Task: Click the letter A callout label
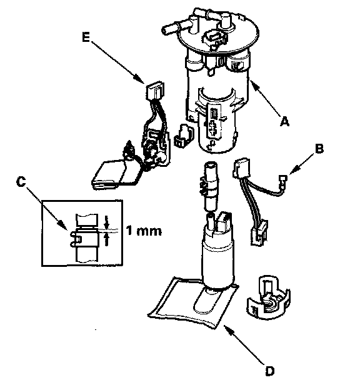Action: (x=284, y=121)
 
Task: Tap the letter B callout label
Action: (x=319, y=149)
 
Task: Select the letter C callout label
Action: (x=21, y=182)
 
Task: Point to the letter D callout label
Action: (x=269, y=371)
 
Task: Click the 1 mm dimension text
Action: (x=144, y=231)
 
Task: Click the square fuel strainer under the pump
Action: (x=192, y=304)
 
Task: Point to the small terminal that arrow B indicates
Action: (x=282, y=181)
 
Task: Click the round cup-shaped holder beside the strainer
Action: (x=268, y=297)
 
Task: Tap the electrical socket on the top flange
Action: (x=213, y=39)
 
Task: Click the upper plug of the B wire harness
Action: (x=241, y=167)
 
